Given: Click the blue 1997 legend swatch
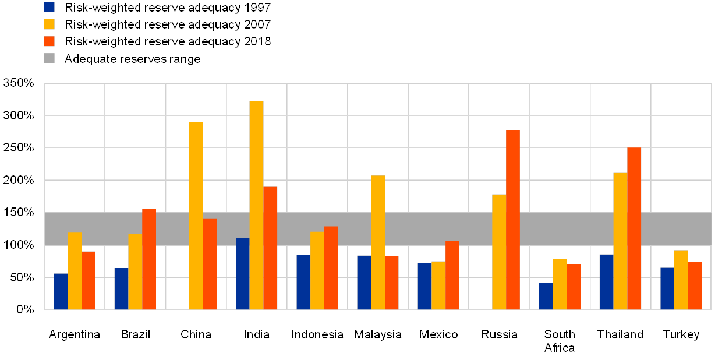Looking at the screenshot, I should coord(49,7).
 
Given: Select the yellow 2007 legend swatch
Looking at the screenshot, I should coord(49,24).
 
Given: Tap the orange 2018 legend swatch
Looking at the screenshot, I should coord(49,41).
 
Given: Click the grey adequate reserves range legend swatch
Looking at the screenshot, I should coord(49,58).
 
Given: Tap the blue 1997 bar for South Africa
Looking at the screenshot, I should coord(546,296).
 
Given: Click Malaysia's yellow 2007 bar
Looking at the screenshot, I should coord(378,242).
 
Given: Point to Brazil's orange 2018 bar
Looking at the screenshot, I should coord(149,259).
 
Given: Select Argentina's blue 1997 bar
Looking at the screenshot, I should coord(61,291).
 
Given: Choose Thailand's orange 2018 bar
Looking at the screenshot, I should coord(634,228).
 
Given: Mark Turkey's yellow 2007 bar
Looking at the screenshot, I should coord(681,280).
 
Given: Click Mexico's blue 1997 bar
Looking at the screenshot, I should coord(424,286).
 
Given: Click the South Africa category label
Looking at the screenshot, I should coord(560,341).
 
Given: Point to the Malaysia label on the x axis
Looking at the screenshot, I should coord(378,335).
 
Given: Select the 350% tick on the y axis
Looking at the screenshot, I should coord(19,83).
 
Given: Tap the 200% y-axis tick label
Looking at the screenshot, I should coord(19,181).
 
